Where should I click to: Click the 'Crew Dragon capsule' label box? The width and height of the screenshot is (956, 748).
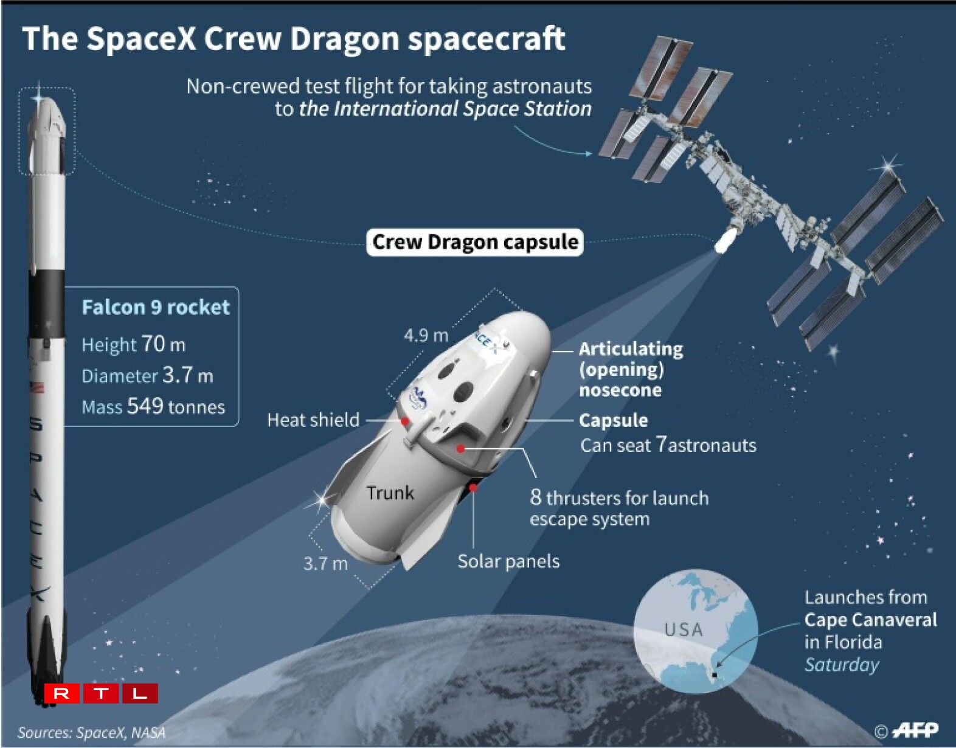click(x=475, y=242)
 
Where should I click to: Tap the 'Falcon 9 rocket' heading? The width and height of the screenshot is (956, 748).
click(x=156, y=307)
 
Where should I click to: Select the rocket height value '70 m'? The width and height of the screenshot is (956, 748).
click(x=163, y=344)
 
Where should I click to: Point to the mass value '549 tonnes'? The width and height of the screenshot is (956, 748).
click(x=176, y=406)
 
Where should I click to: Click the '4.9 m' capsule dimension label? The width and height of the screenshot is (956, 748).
click(x=426, y=336)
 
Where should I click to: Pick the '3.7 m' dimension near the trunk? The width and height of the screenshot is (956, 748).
click(x=325, y=563)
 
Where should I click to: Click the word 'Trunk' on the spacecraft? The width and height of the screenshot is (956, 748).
click(x=390, y=493)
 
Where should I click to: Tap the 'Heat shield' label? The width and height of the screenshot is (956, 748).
click(x=313, y=420)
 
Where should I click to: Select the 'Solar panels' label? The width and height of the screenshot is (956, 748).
click(x=508, y=561)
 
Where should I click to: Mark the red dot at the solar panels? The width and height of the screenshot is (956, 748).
click(x=473, y=487)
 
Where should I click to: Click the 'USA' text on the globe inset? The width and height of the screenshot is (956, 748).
click(x=684, y=630)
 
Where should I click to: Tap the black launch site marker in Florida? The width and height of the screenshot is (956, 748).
click(x=715, y=675)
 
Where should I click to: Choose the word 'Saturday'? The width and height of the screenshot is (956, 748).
click(x=842, y=665)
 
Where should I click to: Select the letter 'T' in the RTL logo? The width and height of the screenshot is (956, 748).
click(x=101, y=693)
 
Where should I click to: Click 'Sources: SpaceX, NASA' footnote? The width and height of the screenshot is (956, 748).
click(x=91, y=732)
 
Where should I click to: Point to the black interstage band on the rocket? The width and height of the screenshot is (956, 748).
click(x=47, y=304)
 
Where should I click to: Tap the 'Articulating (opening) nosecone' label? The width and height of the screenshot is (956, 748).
click(x=631, y=369)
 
